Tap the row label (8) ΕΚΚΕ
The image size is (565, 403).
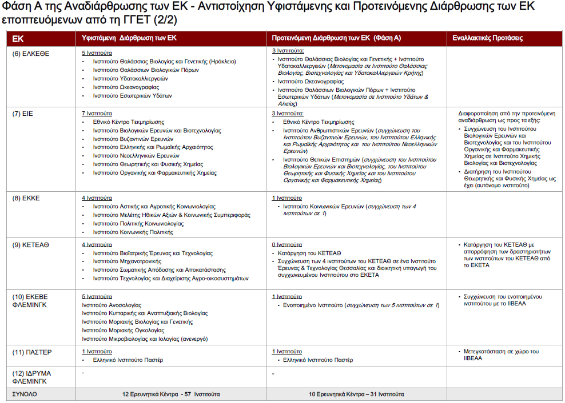(x=26, y=198)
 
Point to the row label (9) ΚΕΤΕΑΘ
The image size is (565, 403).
(x=31, y=244)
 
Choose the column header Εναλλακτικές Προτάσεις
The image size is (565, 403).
(x=487, y=38)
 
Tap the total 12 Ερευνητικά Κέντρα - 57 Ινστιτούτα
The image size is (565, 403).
(x=170, y=394)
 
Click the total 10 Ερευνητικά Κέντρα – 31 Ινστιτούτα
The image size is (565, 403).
(x=356, y=394)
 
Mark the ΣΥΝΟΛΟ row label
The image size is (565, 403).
(x=25, y=394)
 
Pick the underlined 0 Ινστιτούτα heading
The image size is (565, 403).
(x=287, y=244)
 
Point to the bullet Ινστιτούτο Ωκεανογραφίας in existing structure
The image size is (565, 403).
(x=126, y=87)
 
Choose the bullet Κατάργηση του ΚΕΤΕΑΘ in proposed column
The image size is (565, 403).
(x=309, y=252)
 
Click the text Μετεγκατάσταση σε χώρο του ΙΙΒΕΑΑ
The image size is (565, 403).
(x=499, y=355)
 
